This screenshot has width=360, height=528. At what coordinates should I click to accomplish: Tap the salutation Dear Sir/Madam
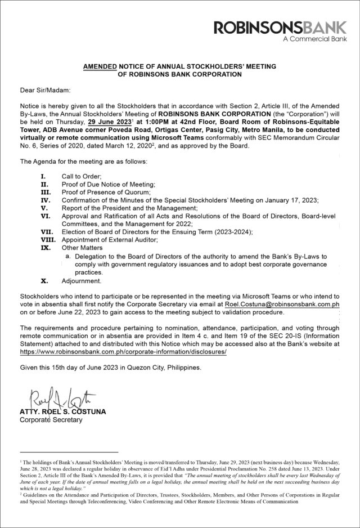tap(46, 90)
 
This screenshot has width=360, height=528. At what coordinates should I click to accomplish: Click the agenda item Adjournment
tap(82, 280)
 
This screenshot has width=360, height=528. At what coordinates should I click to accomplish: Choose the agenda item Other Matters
tap(82, 248)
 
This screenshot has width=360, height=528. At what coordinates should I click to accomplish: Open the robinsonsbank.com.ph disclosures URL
tap(123, 351)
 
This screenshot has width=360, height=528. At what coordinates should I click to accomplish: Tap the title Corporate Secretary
tap(51, 420)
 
